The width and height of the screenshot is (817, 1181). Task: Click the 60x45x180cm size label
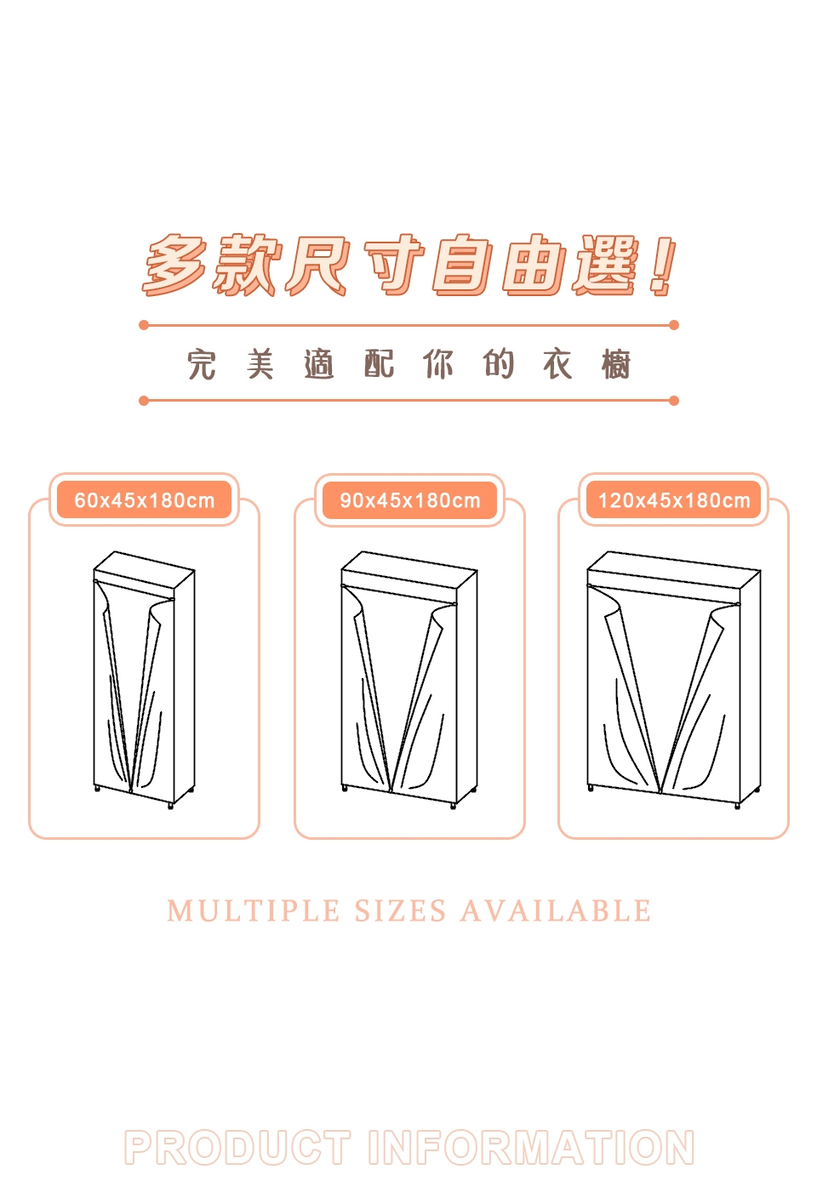pos(144,499)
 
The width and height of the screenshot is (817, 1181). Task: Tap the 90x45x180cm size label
pos(409,499)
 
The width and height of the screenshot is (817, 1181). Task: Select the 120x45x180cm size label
pos(673,499)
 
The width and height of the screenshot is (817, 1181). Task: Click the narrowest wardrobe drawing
pos(144,680)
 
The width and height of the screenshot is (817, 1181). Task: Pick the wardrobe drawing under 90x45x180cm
pos(409,680)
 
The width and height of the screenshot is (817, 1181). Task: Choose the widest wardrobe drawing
pos(673,680)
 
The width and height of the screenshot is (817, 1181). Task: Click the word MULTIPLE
pos(253,910)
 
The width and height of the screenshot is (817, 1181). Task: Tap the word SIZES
pos(400,910)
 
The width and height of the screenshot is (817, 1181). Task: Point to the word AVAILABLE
pos(556,910)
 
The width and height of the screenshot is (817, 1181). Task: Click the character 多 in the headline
pos(174,264)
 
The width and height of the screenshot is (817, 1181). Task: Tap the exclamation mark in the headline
pos(662,265)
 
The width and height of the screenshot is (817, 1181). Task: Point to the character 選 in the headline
pos(605,264)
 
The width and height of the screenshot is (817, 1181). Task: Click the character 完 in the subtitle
pos(202,364)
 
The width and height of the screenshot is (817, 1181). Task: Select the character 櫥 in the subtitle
pos(615,364)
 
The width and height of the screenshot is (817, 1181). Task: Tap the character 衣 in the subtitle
pos(557,364)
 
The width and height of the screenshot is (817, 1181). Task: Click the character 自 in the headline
pos(462,264)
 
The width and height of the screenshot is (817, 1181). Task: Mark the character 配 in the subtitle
pos(380,364)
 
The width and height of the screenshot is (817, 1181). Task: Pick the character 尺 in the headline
pos(317,264)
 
